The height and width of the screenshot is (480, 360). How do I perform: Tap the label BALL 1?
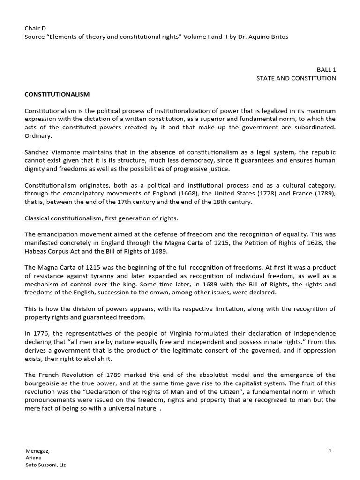[326, 69]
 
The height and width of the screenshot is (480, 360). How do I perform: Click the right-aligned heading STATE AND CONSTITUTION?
[296, 78]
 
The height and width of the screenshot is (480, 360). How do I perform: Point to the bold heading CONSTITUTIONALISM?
[57, 94]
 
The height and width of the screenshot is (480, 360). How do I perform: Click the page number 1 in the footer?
[330, 450]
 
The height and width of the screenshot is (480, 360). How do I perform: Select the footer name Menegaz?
[37, 451]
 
